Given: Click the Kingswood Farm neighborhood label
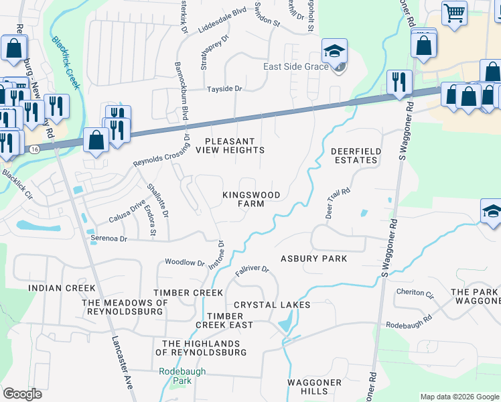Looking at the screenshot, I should point(251,199).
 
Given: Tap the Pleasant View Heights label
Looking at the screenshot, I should point(230,146).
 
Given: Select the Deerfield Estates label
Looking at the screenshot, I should point(356,156).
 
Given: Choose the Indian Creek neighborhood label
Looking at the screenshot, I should point(62,288).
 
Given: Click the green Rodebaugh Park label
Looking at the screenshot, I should point(175,376).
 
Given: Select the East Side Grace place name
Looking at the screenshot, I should point(296,67).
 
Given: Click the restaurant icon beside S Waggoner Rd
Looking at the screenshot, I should point(400,82).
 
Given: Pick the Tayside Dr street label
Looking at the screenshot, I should point(224,88).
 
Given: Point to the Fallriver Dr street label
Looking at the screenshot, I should point(252,271).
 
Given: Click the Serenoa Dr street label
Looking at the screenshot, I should point(109,238).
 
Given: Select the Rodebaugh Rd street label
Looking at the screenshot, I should point(407,325).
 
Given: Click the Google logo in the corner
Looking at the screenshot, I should point(22,394).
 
